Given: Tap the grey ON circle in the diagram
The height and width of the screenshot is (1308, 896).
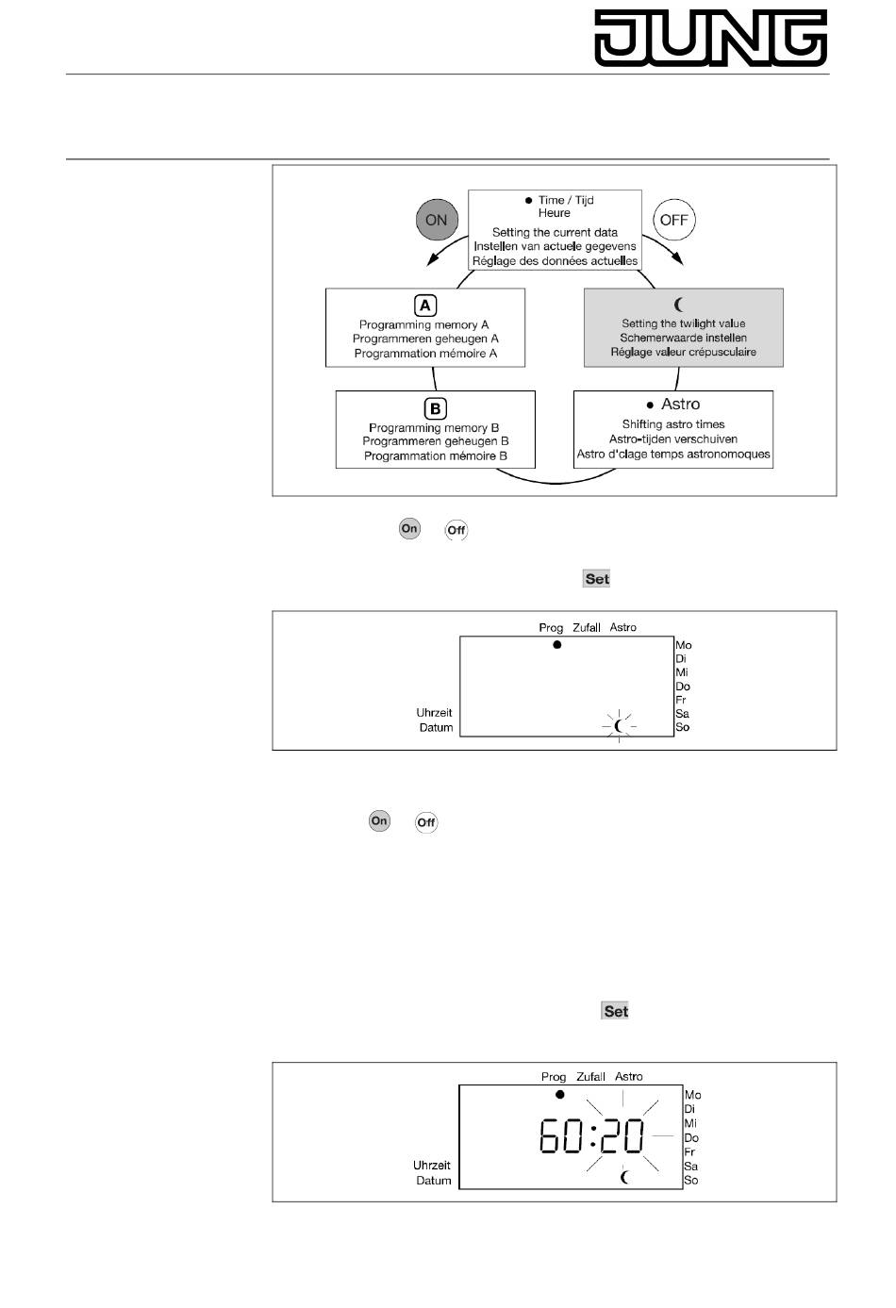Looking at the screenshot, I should pos(436,220).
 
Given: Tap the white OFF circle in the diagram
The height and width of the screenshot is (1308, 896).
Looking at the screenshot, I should pos(674,220).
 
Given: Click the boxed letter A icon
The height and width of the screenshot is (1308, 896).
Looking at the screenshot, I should pos(425,306).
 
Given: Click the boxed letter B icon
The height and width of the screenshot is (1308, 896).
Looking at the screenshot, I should pos(435,409).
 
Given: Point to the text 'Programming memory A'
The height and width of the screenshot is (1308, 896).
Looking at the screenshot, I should pos(424,324).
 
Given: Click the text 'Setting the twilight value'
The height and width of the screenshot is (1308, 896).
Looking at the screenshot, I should pos(683,323).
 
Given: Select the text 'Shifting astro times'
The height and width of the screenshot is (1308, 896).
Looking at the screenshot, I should pos(673,424).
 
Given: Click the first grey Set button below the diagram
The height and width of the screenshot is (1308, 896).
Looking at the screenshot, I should pos(597,579).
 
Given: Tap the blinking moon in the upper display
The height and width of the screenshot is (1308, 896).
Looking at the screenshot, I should pos(619,725).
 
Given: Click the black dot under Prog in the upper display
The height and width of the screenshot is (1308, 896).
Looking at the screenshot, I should pos(556,645).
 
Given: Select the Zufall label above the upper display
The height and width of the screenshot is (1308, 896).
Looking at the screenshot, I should pos(587,628).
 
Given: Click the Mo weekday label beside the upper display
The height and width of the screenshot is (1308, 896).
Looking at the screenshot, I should pos(684,646).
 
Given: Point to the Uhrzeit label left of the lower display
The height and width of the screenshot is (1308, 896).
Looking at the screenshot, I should pos(432,1166).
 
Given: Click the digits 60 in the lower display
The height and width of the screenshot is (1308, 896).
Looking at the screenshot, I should pos(561,1135).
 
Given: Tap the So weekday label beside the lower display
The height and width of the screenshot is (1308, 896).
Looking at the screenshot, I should pos(691,1181).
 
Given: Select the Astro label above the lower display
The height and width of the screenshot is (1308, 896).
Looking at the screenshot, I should pos(629,1077).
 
